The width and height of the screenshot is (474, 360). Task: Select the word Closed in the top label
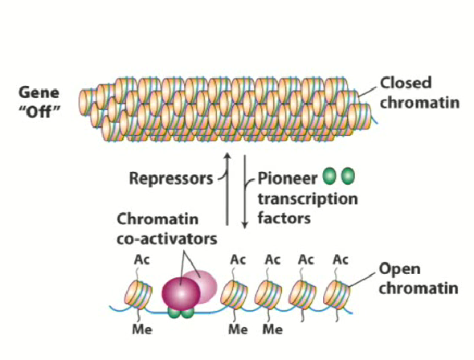click(406, 83)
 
